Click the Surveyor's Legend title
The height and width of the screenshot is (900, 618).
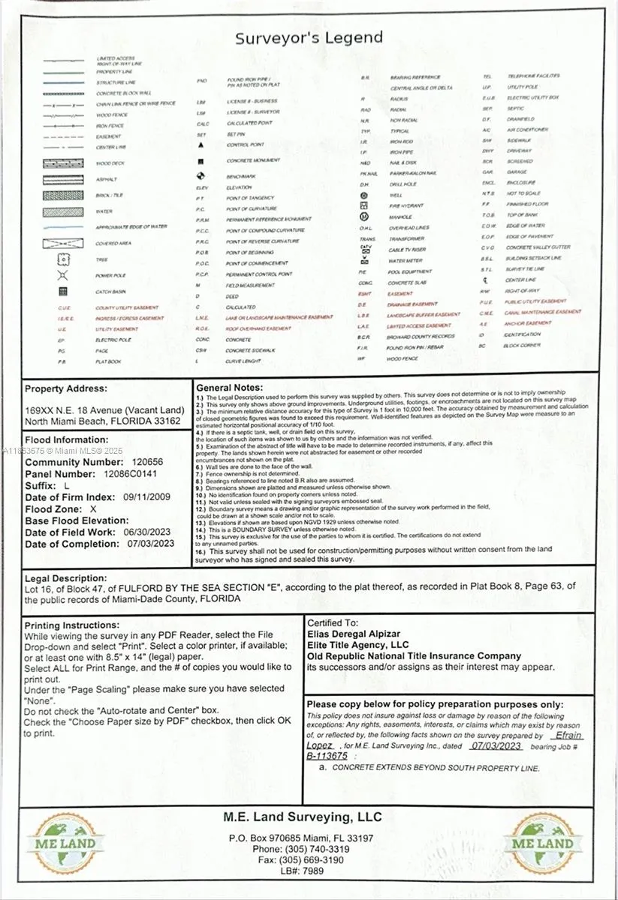pos(309,38)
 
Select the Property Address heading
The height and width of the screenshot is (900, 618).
pos(66,388)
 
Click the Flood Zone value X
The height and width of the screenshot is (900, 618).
pos(94,508)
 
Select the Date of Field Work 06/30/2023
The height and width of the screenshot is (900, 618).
pos(148,532)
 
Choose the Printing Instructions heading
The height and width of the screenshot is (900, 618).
pos(71,625)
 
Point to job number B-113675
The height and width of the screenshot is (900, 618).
pos(327,756)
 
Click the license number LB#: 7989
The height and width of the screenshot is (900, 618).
pos(302,871)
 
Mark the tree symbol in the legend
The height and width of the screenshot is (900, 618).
pos(63,259)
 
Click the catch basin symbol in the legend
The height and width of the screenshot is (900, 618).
pos(63,292)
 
